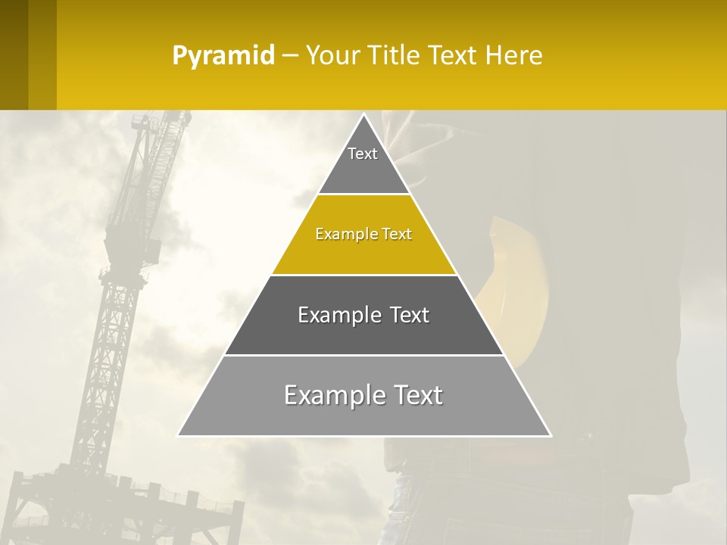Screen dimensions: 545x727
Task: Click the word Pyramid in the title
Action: (x=223, y=55)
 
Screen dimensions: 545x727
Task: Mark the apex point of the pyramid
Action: (x=363, y=115)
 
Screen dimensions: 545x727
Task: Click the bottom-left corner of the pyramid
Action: (x=179, y=435)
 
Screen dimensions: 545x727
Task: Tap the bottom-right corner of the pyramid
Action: (x=550, y=435)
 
